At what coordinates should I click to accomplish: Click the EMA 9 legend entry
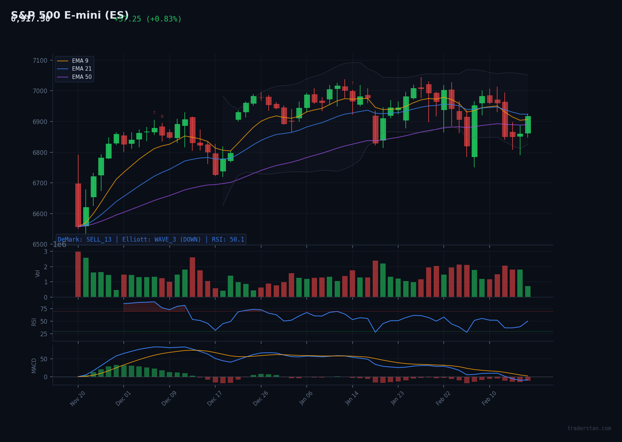click(80, 61)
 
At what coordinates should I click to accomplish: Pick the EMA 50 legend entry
click(81, 77)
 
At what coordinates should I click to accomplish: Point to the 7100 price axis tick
click(40, 61)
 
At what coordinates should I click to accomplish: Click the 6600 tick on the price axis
click(40, 214)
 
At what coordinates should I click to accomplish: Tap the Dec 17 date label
click(215, 399)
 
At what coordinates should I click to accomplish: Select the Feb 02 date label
click(443, 399)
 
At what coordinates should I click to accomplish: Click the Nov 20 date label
click(77, 399)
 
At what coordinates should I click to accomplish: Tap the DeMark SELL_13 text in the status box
click(85, 239)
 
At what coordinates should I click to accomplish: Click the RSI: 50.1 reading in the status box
click(228, 239)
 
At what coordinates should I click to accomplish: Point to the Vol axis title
click(38, 274)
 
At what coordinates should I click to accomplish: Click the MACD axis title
click(34, 366)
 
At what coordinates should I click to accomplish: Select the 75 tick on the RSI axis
click(43, 309)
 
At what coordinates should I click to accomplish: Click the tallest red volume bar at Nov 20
click(78, 275)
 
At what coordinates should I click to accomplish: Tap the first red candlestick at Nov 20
click(78, 205)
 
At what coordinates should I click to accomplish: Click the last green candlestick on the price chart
click(528, 125)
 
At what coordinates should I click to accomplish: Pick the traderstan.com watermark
click(589, 428)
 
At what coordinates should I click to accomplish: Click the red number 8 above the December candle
click(162, 117)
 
